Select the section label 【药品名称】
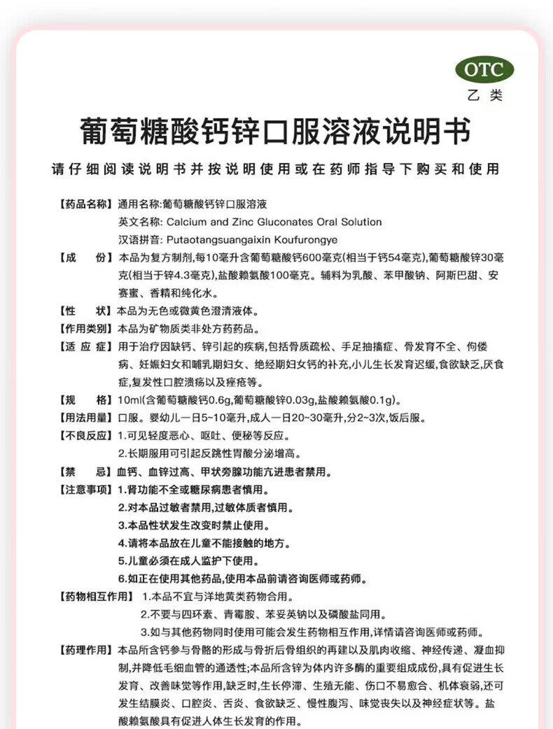[x=83, y=204]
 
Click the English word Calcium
[x=183, y=222]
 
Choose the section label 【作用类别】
[x=83, y=328]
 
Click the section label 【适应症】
[x=83, y=346]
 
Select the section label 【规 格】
[x=83, y=400]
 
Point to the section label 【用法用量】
[x=83, y=418]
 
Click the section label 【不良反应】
[x=83, y=435]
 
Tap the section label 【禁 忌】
[x=83, y=471]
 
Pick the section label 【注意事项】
[x=83, y=489]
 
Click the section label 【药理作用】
[x=83, y=649]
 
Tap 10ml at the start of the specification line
[x=129, y=400]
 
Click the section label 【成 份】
[x=83, y=257]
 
